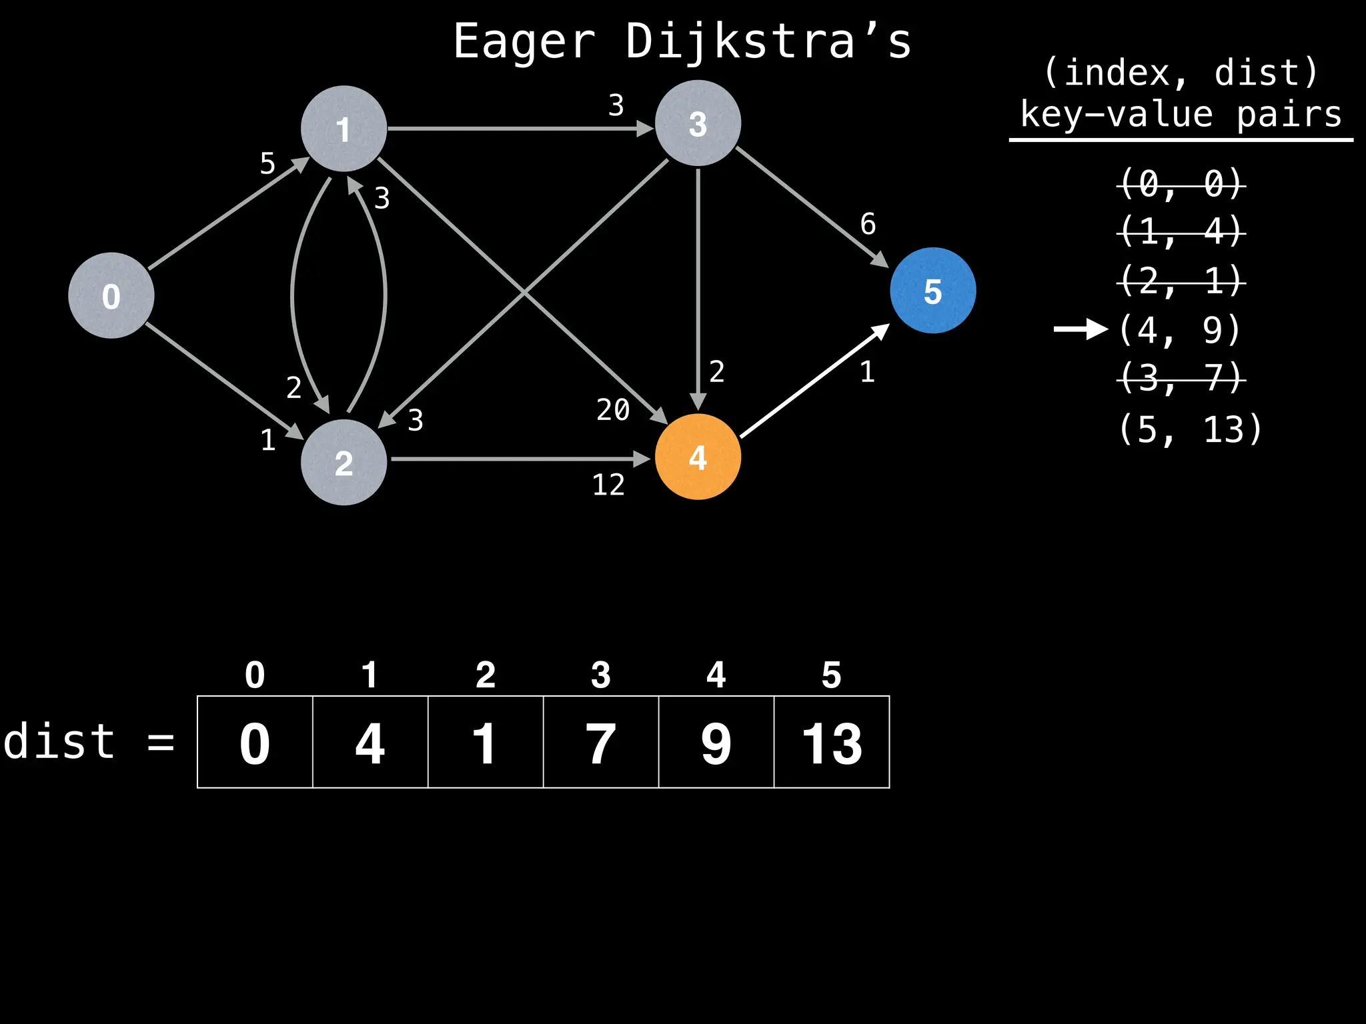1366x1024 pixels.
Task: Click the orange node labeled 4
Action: pos(698,457)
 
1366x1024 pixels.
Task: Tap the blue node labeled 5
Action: pos(932,291)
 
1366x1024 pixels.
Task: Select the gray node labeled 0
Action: pos(111,295)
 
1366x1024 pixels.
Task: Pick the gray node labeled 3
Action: pos(698,123)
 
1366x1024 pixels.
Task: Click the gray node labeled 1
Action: pos(344,129)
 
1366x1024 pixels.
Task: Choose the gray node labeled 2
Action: pos(344,462)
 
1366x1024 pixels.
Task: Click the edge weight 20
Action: pos(613,409)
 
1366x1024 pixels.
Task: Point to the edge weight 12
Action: pos(608,485)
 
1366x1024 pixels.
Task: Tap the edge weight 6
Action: pos(868,224)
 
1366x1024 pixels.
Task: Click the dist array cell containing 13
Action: pos(832,742)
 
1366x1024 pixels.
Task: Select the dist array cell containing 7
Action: pos(600,742)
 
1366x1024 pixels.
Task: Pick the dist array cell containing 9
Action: pos(716,742)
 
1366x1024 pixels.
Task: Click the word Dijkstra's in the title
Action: pos(768,42)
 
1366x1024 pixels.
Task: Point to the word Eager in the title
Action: pos(524,42)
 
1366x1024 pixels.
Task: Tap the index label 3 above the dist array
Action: pos(600,675)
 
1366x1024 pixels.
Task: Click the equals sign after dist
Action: pos(161,742)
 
